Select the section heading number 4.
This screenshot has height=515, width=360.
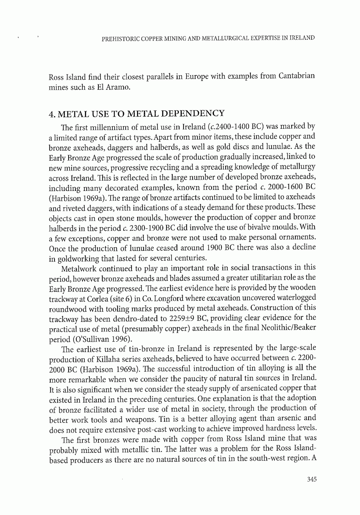51,114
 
